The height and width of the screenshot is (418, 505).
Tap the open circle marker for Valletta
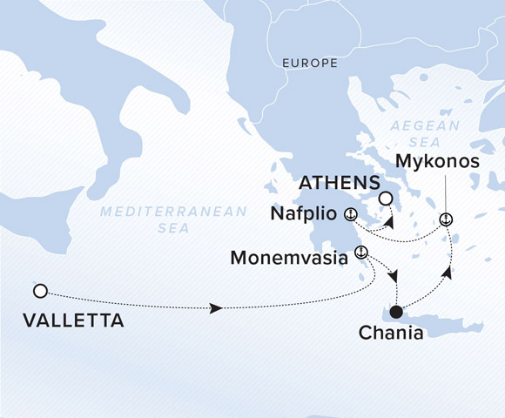pyautogui.click(x=39, y=290)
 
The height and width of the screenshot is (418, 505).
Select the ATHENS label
pyautogui.click(x=338, y=184)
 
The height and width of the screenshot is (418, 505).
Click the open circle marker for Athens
pyautogui.click(x=386, y=198)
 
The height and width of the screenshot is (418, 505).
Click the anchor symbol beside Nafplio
pyautogui.click(x=350, y=214)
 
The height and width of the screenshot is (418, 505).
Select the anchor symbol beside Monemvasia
pyautogui.click(x=361, y=253)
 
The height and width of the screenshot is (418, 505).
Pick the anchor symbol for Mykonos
pyautogui.click(x=446, y=219)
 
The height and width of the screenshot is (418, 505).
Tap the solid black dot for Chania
pyautogui.click(x=396, y=312)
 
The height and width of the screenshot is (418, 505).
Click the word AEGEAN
pyautogui.click(x=419, y=125)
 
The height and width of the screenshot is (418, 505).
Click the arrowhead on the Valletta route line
pyautogui.click(x=215, y=308)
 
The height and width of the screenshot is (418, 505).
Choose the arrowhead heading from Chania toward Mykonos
pyautogui.click(x=448, y=272)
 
